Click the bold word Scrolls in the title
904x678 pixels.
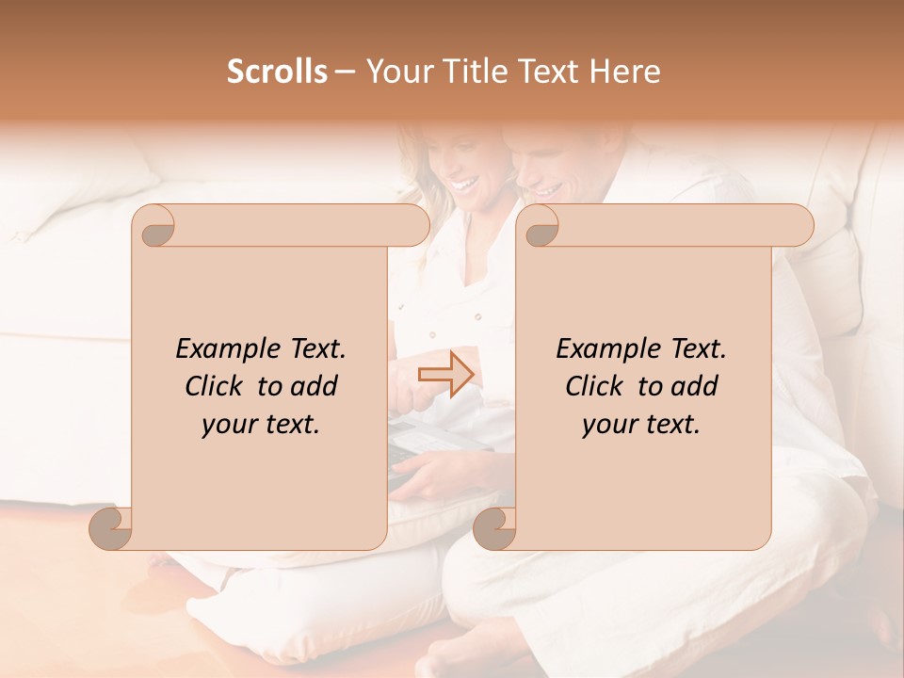[277, 72]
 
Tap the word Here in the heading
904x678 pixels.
[626, 72]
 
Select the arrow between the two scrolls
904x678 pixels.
[445, 374]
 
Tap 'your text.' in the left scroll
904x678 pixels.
[261, 424]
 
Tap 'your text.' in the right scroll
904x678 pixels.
[641, 424]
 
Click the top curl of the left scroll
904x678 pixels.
[156, 226]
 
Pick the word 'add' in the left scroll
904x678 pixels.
[314, 386]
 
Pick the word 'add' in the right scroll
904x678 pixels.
[694, 386]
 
